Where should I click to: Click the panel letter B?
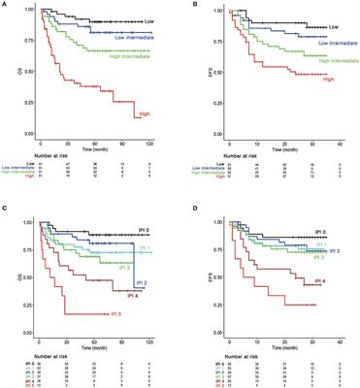(188, 5)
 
